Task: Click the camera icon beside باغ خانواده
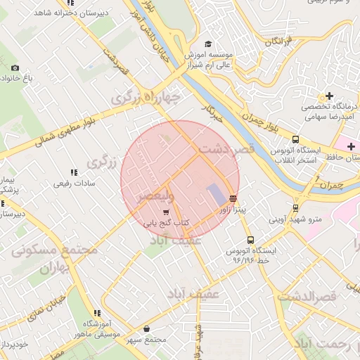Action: tap(15, 67)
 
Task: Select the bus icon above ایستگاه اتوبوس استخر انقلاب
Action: tap(295, 139)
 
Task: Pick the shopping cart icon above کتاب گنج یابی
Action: tap(166, 212)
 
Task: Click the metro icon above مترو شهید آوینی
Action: tap(295, 207)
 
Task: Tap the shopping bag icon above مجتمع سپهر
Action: tap(146, 328)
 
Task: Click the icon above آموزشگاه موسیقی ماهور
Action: tap(97, 313)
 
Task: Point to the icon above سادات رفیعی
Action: tap(73, 172)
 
